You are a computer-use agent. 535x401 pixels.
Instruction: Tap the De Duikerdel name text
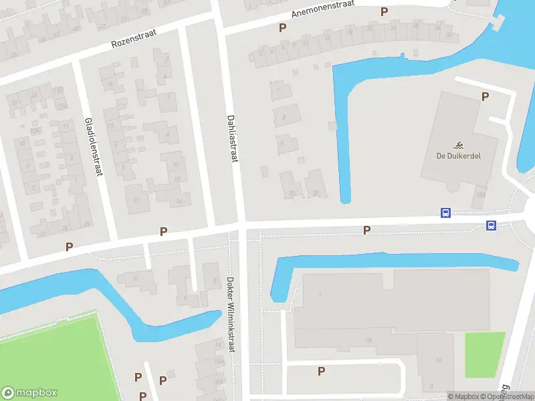[459, 156]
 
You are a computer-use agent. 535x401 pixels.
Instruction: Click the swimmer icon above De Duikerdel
[459, 146]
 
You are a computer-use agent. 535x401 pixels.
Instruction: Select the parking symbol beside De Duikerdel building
[486, 96]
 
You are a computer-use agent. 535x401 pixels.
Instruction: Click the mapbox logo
[29, 393]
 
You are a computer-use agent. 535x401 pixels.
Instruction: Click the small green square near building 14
[484, 354]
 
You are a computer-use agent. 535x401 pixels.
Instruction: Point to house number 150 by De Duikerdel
[480, 194]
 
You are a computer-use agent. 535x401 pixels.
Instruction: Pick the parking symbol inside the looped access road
[321, 371]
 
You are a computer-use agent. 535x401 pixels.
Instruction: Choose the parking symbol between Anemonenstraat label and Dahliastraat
[283, 27]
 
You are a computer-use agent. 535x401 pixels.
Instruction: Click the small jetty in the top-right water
[496, 25]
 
